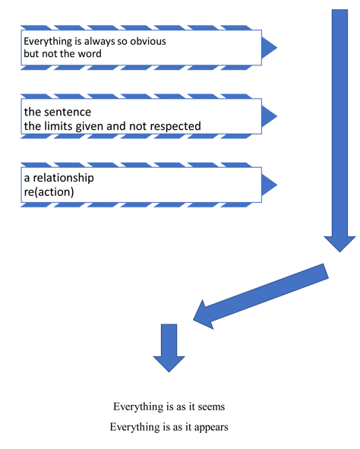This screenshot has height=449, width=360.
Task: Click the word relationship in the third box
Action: (x=64, y=178)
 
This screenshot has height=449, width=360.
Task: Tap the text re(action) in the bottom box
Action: (x=49, y=192)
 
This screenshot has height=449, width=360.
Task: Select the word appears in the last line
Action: (x=211, y=427)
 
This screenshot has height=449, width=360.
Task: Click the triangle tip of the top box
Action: (x=277, y=48)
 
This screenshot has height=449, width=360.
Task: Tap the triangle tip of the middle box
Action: (x=277, y=116)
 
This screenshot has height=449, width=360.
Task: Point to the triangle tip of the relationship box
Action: (x=277, y=185)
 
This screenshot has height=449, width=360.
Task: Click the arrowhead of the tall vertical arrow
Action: (x=339, y=252)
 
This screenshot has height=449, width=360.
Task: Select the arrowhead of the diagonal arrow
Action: (x=194, y=320)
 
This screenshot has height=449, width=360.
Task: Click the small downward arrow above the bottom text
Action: (x=169, y=348)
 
